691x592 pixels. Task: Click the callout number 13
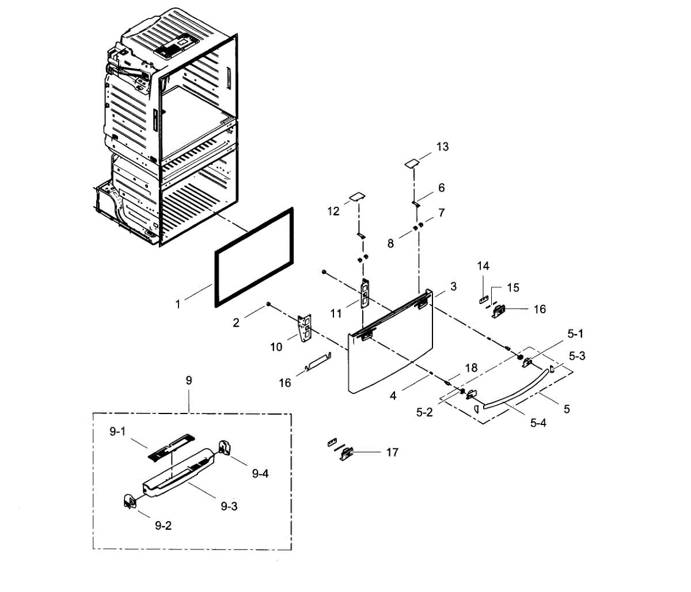(x=442, y=147)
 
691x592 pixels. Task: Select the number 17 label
(x=392, y=453)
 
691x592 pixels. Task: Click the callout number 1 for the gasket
(x=178, y=303)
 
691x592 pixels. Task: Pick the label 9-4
(x=260, y=473)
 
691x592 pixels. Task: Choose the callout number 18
(x=471, y=368)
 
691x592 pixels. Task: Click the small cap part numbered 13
(x=411, y=164)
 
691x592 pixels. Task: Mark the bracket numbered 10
(x=305, y=328)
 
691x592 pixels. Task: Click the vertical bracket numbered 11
(x=365, y=294)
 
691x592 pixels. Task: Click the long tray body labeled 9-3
(x=179, y=472)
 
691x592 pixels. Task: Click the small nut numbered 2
(x=268, y=304)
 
